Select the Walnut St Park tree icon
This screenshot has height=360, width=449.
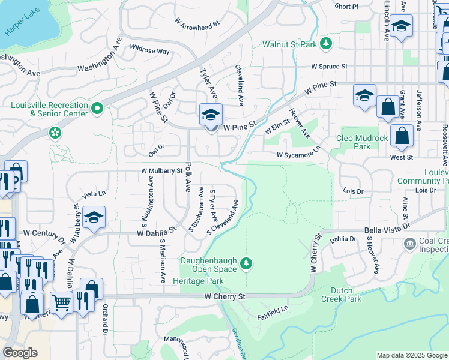pyautogui.click(x=326, y=44)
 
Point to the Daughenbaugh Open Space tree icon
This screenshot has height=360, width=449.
pyautogui.click(x=246, y=262)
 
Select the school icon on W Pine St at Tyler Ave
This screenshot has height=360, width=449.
pyautogui.click(x=211, y=115)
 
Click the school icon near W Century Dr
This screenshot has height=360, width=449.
pyautogui.click(x=94, y=218)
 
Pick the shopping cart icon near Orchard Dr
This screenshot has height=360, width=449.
pyautogui.click(x=61, y=301)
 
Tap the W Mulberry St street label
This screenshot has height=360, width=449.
pyautogui.click(x=161, y=171)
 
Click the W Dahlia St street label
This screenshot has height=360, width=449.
pyautogui.click(x=156, y=230)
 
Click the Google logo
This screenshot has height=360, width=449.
pyautogui.click(x=20, y=353)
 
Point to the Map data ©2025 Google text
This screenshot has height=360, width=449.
pyautogui.click(x=411, y=355)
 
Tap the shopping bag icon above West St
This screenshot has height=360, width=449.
pyautogui.click(x=402, y=136)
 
